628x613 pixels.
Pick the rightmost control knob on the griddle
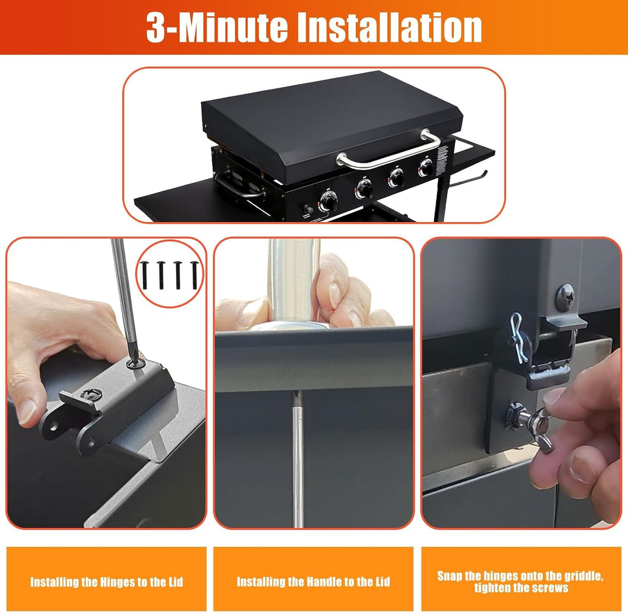tap(426, 168)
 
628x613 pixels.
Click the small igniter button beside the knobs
tap(308, 209)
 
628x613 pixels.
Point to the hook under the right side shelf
tap(469, 180)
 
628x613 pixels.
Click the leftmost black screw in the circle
tap(145, 275)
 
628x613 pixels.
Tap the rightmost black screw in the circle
tap(195, 275)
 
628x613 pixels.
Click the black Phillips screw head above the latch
tap(566, 297)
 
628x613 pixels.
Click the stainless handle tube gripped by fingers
tap(294, 280)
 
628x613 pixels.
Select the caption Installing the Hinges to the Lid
tap(107, 582)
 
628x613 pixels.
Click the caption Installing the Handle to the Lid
tap(313, 582)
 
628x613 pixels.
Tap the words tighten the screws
tap(521, 588)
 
